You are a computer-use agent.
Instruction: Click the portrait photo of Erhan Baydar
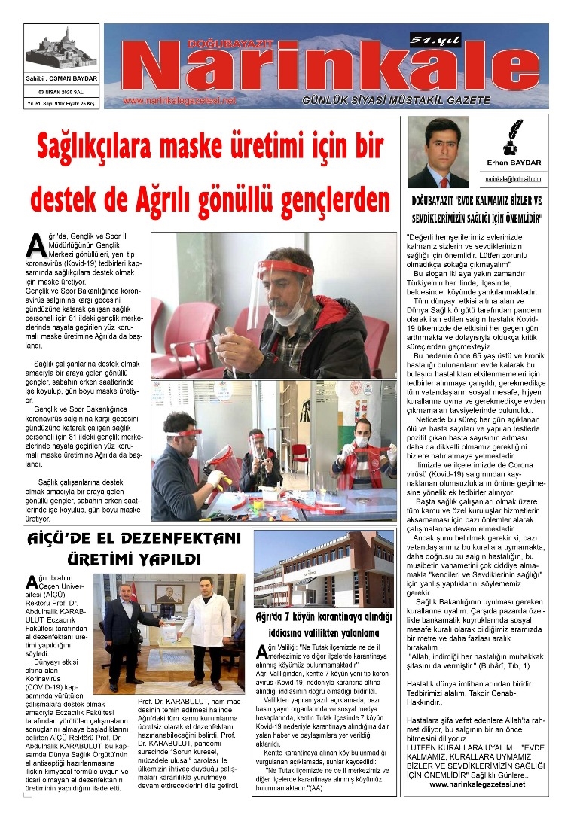point(438,152)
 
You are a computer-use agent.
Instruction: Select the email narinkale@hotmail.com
point(513,179)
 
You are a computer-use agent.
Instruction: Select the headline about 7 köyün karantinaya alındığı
point(324,624)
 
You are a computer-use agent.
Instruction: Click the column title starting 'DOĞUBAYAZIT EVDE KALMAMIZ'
point(476,209)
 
